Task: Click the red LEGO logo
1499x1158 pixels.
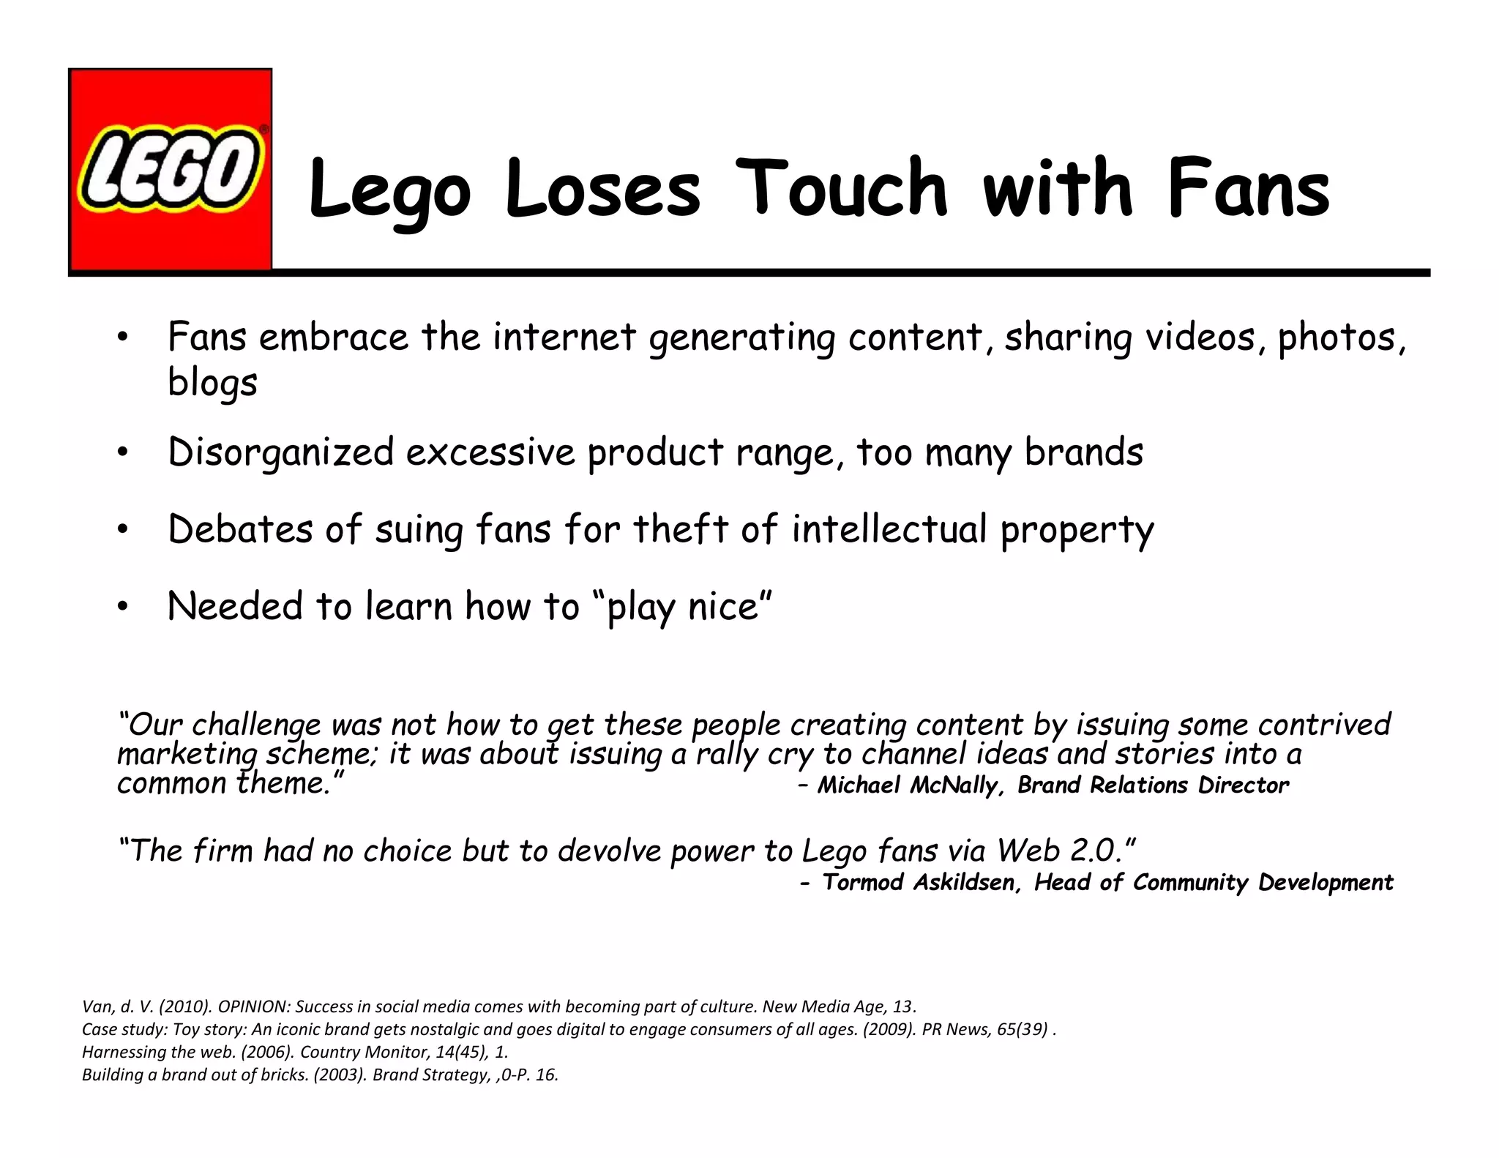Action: tap(170, 170)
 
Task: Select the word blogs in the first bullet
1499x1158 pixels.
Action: tap(212, 382)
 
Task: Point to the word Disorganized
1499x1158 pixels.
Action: tap(281, 452)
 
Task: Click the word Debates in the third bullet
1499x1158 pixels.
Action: tap(240, 528)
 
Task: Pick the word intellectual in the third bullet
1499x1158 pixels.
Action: tap(889, 528)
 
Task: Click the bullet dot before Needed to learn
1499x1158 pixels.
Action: tap(122, 607)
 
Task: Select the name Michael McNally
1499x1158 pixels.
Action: tap(908, 785)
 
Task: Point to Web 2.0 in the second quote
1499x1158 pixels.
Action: tap(1059, 851)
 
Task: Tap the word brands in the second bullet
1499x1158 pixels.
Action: tap(1083, 452)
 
